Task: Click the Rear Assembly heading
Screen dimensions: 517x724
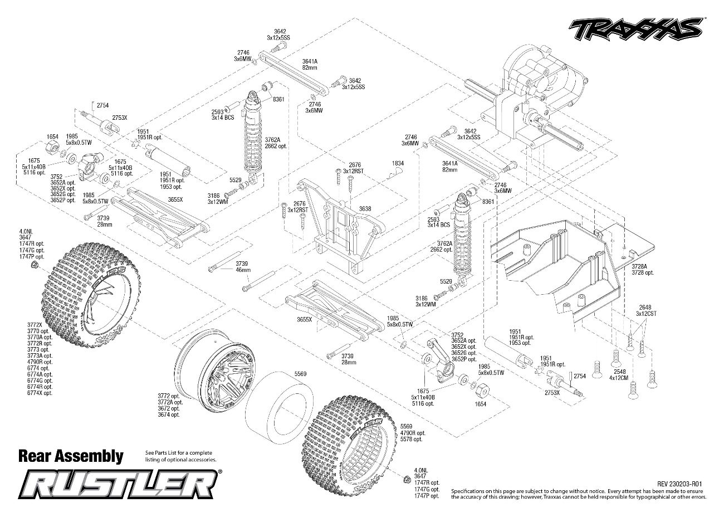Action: (71, 456)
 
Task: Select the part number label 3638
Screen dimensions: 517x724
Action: (365, 208)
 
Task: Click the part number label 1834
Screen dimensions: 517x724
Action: (397, 163)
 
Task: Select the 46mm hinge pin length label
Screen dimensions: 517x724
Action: (243, 270)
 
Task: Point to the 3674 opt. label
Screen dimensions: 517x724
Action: (168, 415)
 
